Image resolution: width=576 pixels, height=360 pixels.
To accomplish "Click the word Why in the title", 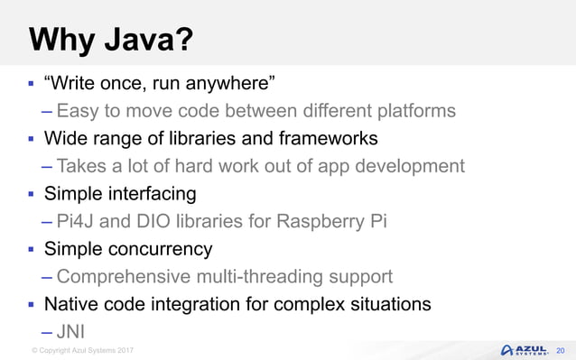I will coord(61,41).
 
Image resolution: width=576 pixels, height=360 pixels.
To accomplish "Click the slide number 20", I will coord(560,349).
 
